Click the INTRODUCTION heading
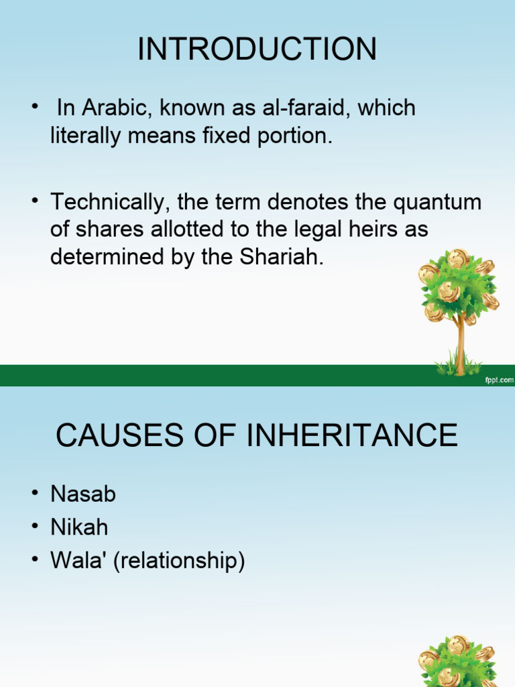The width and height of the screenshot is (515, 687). pyautogui.click(x=257, y=49)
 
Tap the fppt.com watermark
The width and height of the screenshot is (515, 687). pyautogui.click(x=498, y=380)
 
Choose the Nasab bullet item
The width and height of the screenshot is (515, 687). pyautogui.click(x=83, y=494)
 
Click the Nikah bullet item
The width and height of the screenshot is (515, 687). pyautogui.click(x=79, y=527)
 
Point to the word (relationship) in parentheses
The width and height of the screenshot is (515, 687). pyautogui.click(x=179, y=560)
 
